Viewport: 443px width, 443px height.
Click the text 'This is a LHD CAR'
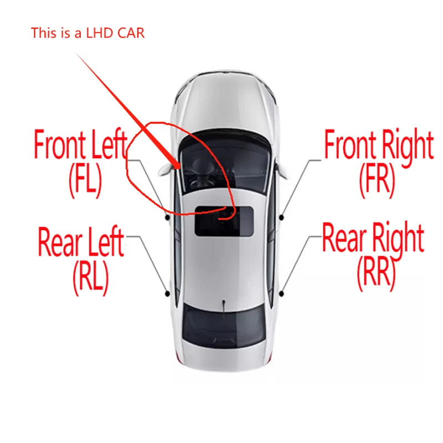[x=87, y=33]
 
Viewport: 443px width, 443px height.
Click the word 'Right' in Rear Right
[x=397, y=238]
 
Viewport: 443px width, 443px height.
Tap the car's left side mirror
[x=163, y=171]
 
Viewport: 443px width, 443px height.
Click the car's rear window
[x=223, y=324]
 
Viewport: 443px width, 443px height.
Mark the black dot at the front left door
[x=167, y=218]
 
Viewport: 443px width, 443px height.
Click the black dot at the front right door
[x=282, y=218]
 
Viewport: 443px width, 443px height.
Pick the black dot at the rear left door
[x=167, y=293]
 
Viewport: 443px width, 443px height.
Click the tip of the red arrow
[x=178, y=167]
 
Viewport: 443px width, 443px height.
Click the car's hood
[x=224, y=105]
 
